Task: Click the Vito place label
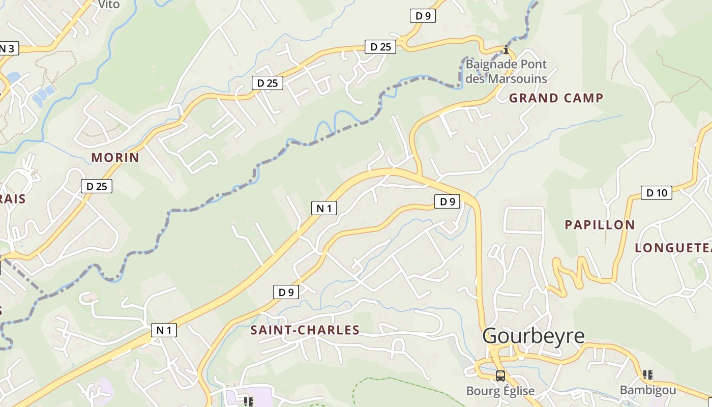[x=108, y=5]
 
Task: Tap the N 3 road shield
[x=8, y=49]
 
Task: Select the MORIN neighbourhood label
[x=115, y=158]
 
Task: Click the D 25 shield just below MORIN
[x=97, y=186]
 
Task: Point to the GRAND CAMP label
[x=556, y=98]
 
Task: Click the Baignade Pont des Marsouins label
[x=506, y=72]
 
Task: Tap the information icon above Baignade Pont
[x=506, y=49]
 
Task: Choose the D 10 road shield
[x=656, y=193]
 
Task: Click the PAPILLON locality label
[x=600, y=225]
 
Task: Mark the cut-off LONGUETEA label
[x=673, y=248]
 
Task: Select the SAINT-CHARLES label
[x=305, y=330]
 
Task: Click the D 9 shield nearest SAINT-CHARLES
[x=286, y=292]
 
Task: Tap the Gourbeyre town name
[x=533, y=336]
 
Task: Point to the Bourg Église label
[x=500, y=391]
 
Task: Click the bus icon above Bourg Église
[x=500, y=376]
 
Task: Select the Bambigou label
[x=648, y=390]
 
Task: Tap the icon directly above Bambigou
[x=648, y=375]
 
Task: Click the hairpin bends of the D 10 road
[x=572, y=275]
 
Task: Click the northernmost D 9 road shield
[x=423, y=16]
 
